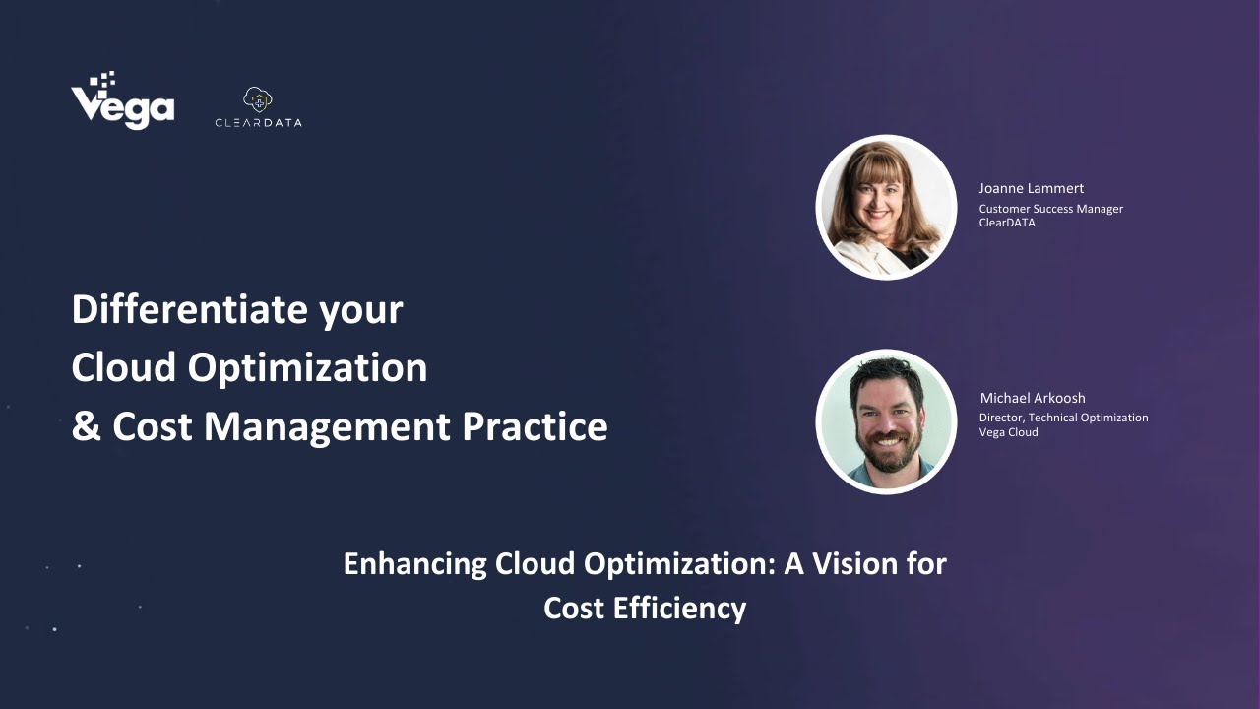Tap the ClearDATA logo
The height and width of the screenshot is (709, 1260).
click(258, 108)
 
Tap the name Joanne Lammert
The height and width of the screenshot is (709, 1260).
click(1031, 188)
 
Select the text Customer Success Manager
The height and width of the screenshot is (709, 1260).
click(1050, 209)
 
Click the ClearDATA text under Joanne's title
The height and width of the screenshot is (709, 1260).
click(1007, 223)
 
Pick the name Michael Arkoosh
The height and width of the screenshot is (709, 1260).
click(1033, 398)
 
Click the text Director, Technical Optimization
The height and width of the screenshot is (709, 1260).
click(1063, 418)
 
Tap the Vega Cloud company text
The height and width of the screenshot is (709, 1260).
click(1008, 432)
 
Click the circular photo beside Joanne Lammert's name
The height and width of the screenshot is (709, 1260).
click(887, 207)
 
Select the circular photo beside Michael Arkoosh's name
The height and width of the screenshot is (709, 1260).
click(887, 421)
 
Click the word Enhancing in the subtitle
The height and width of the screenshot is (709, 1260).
click(414, 564)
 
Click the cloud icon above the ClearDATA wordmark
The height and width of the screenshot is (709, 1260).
click(258, 98)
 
